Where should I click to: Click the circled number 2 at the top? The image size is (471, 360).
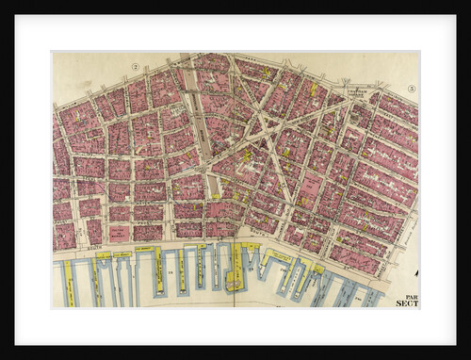tap(136, 67)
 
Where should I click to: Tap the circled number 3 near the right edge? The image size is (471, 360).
tap(412, 89)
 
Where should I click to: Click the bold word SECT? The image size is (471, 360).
tap(406, 303)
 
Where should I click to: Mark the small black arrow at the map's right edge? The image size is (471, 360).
tap(415, 274)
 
